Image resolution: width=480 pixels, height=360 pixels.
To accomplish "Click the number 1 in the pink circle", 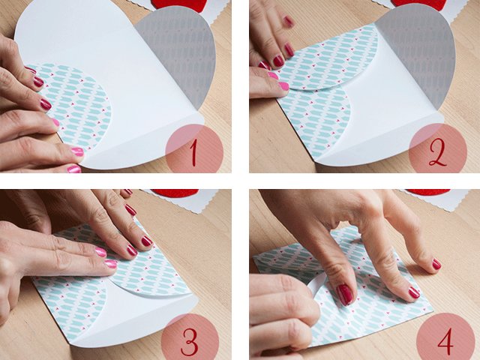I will [193, 151].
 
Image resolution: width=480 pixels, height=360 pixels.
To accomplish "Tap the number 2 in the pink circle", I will [438, 150].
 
